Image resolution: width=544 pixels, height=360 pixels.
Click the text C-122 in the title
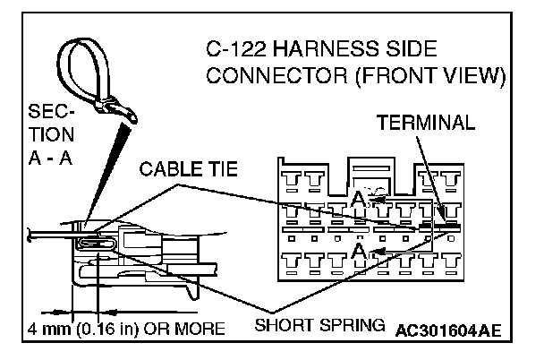(x=234, y=50)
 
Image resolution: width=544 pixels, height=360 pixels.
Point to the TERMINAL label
(x=425, y=122)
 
